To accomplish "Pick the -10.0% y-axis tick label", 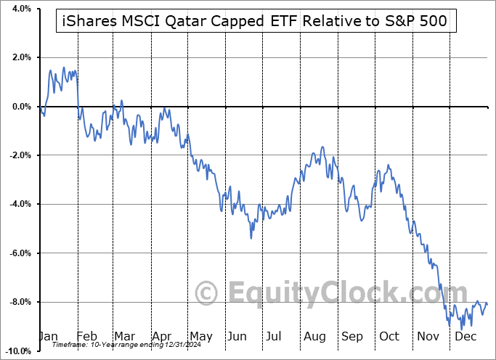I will (17, 351).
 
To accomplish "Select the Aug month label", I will (314, 337).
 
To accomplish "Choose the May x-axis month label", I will (200, 337).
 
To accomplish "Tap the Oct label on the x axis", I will (390, 337).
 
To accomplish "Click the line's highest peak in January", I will (64, 67).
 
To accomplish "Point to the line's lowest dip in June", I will (251, 238).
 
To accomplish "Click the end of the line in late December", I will (487, 303).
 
